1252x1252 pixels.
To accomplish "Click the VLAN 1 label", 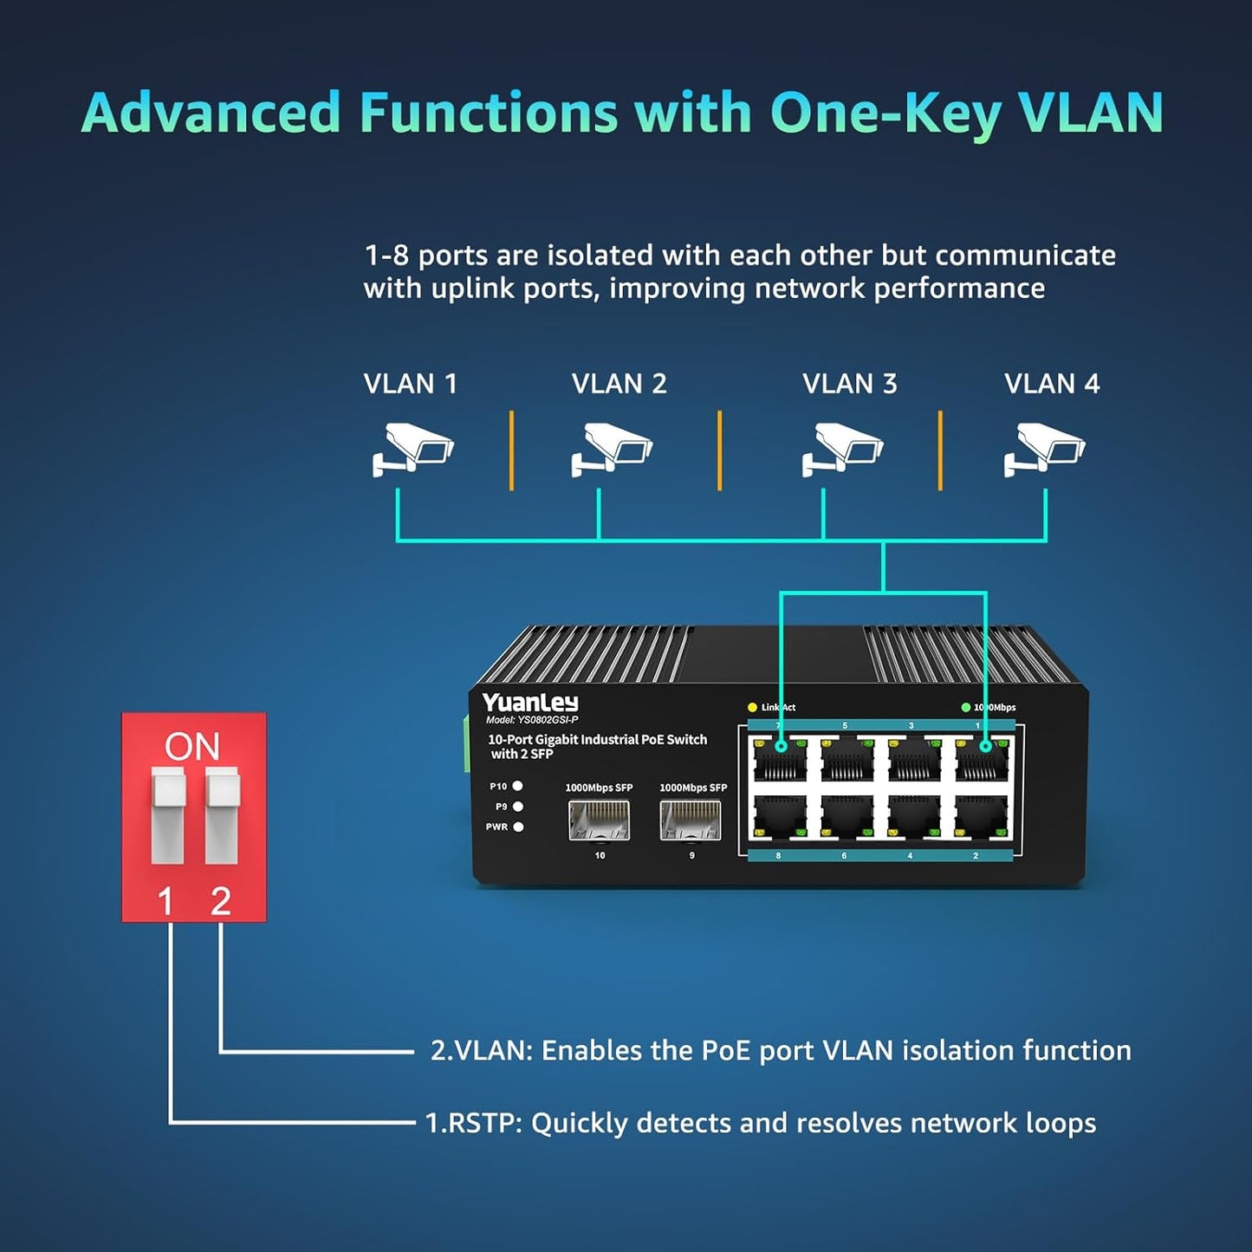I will pos(410,384).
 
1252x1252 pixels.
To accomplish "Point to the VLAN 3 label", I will pos(849,384).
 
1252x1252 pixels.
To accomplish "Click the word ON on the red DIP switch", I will pos(192,746).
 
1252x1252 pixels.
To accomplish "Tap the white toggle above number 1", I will pos(168,814).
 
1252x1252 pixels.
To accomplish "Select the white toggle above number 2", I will pos(222,814).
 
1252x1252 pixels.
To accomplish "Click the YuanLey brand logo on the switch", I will pos(530,703).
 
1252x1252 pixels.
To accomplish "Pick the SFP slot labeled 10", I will pos(599,821).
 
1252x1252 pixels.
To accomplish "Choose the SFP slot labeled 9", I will pos(690,821).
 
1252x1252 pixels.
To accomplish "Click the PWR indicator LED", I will pos(518,827).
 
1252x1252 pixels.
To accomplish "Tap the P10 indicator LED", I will pos(518,786).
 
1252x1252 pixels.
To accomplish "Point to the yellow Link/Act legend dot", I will pos(752,708).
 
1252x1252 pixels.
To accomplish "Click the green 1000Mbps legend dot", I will pos(965,708).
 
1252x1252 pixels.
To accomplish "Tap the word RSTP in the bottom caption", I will pos(483,1124).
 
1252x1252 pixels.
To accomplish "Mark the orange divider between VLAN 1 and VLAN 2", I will pos(512,451).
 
